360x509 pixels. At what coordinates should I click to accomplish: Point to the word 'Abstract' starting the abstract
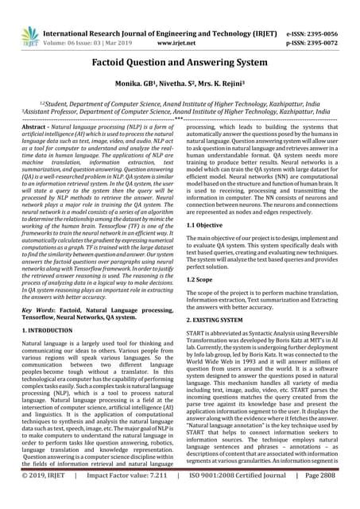(x=33, y=127)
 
